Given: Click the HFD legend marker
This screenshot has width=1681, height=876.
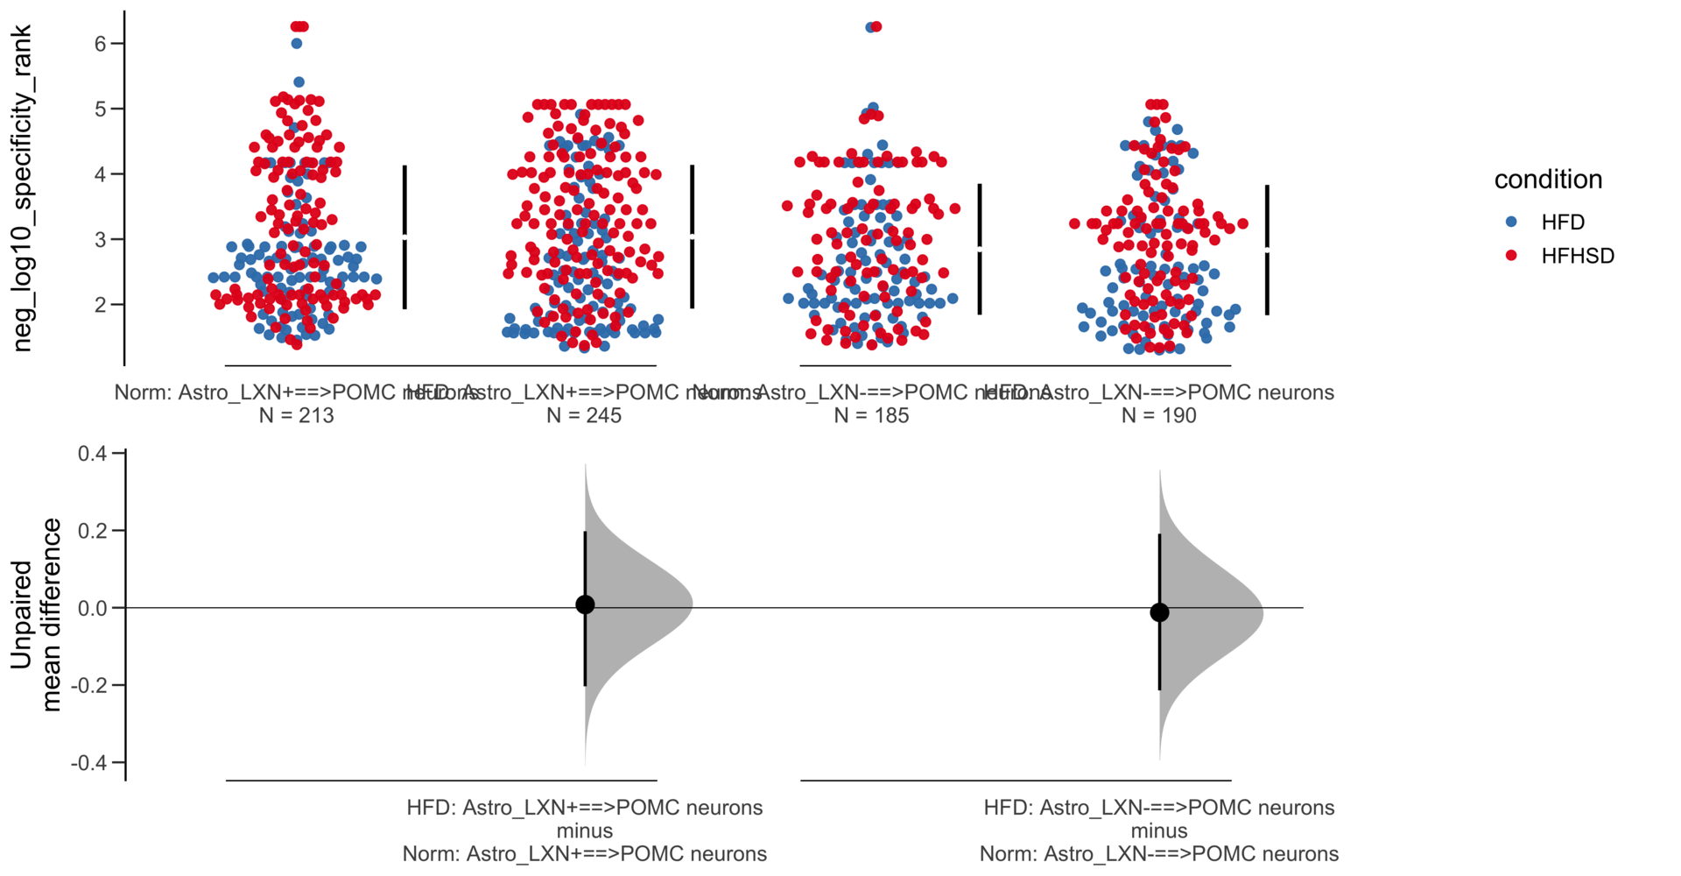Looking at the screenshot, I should pyautogui.click(x=1511, y=223).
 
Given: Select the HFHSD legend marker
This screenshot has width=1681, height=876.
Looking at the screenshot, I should pyautogui.click(x=1511, y=256).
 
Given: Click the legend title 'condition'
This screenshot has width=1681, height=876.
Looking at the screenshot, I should pyautogui.click(x=1548, y=180).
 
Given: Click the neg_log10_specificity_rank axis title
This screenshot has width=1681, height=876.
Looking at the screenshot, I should pyautogui.click(x=23, y=188).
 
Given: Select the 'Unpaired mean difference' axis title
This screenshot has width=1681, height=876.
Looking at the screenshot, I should pyautogui.click(x=37, y=615).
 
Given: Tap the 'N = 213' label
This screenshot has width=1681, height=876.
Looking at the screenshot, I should pyautogui.click(x=296, y=415).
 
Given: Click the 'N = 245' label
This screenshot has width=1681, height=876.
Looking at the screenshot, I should pyautogui.click(x=584, y=415).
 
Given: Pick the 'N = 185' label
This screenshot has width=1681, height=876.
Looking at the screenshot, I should pyautogui.click(x=871, y=415).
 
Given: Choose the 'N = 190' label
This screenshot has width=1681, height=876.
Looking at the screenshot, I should pyautogui.click(x=1158, y=415).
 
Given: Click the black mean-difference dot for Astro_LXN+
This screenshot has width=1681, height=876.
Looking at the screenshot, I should pyautogui.click(x=585, y=604).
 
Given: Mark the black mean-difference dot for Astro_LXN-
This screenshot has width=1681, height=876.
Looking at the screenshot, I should pyautogui.click(x=1159, y=612).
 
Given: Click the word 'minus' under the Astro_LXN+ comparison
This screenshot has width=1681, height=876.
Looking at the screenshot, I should pyautogui.click(x=585, y=830).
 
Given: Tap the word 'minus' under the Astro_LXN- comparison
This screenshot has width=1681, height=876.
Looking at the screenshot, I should pyautogui.click(x=1159, y=830).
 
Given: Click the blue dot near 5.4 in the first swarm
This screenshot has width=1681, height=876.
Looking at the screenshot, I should pyautogui.click(x=299, y=82).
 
